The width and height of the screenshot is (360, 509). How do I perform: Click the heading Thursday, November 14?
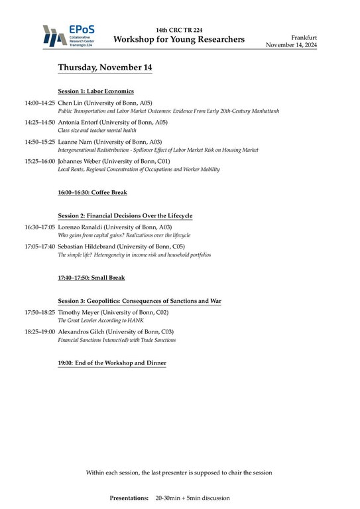pyautogui.click(x=105, y=68)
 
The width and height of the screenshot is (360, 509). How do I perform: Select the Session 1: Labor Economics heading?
pyautogui.click(x=96, y=91)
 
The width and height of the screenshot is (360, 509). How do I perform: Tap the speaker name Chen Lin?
pyautogui.click(x=70, y=103)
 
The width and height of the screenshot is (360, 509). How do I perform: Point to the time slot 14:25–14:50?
pyautogui.click(x=40, y=123)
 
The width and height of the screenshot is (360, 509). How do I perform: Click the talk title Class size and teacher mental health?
pyautogui.click(x=97, y=131)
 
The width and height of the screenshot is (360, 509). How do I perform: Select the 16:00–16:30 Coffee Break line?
pyautogui.click(x=92, y=192)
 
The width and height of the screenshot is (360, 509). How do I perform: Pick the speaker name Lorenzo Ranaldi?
pyautogui.click(x=83, y=227)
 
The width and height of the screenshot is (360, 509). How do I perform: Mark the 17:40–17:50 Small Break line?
pyautogui.click(x=91, y=278)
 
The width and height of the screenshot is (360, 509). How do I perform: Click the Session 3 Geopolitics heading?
pyautogui.click(x=139, y=301)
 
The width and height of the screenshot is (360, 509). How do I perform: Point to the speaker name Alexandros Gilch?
pyautogui.click(x=85, y=331)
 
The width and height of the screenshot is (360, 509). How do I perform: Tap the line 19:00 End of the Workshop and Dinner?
pyautogui.click(x=112, y=363)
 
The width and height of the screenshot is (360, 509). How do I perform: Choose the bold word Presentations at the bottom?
pyautogui.click(x=129, y=497)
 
